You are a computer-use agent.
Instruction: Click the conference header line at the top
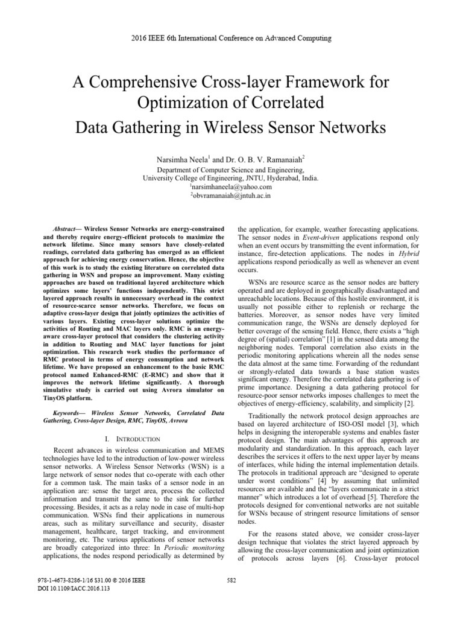(231, 39)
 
